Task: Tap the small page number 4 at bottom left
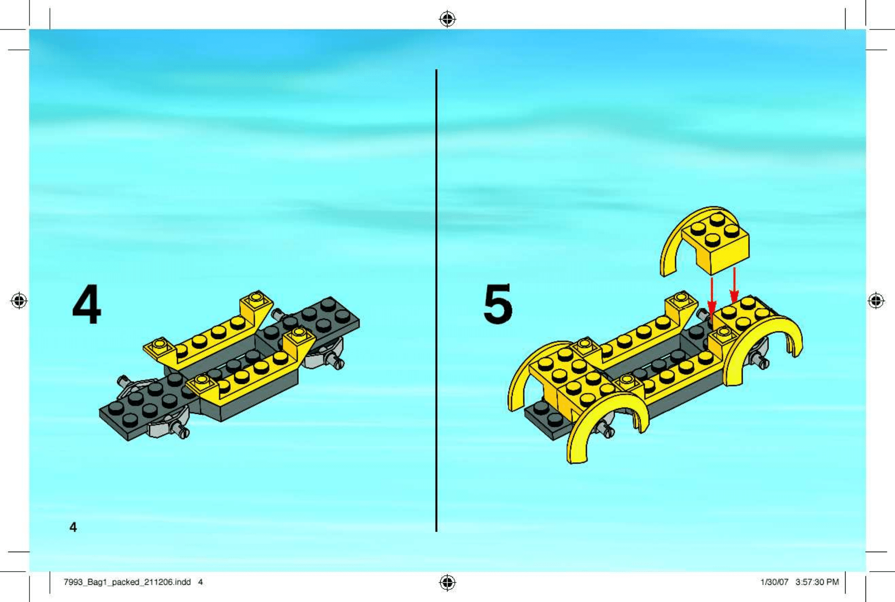(73, 527)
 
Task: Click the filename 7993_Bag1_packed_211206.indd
(127, 582)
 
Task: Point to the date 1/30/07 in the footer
(774, 582)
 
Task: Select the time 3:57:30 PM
(817, 582)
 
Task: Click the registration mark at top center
(447, 19)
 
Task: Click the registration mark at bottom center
(447, 583)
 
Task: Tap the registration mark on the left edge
(19, 301)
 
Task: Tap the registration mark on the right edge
(876, 301)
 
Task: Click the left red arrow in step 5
(712, 296)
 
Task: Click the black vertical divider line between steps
(436, 300)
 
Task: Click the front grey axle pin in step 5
(605, 428)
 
